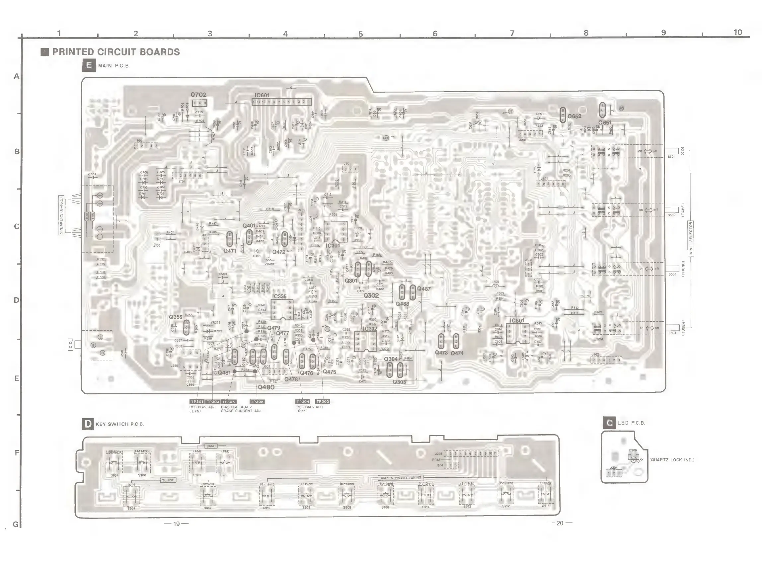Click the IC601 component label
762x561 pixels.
[262, 95]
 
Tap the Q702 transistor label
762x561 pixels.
[198, 95]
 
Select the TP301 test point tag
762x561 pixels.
[197, 402]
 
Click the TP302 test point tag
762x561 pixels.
[323, 401]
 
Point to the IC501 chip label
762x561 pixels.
[517, 320]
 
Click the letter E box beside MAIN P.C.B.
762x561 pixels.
[89, 65]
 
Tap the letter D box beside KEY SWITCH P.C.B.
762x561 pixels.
[88, 424]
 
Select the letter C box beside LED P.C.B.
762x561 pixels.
[609, 423]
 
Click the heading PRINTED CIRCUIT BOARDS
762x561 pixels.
[116, 52]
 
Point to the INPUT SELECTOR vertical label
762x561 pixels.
[691, 239]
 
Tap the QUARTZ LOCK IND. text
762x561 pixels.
[672, 460]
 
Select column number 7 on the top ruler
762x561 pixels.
[512, 33]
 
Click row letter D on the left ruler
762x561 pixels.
[16, 300]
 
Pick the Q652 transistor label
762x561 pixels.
[574, 116]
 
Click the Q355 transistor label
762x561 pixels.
[176, 317]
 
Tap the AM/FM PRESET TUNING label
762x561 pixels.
[401, 478]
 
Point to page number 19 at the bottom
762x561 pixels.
[176, 523]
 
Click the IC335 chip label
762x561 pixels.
[279, 296]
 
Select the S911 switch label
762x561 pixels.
[546, 506]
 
